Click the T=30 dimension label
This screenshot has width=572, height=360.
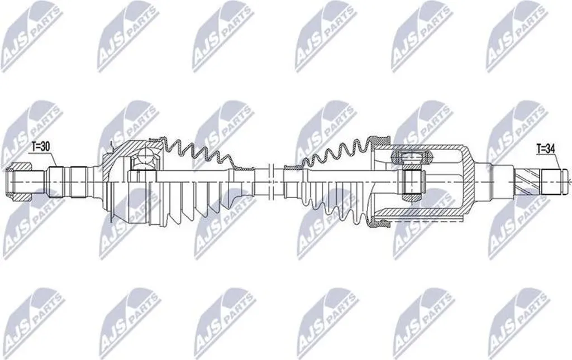point(40,147)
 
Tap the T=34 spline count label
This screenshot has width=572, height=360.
point(546,148)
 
